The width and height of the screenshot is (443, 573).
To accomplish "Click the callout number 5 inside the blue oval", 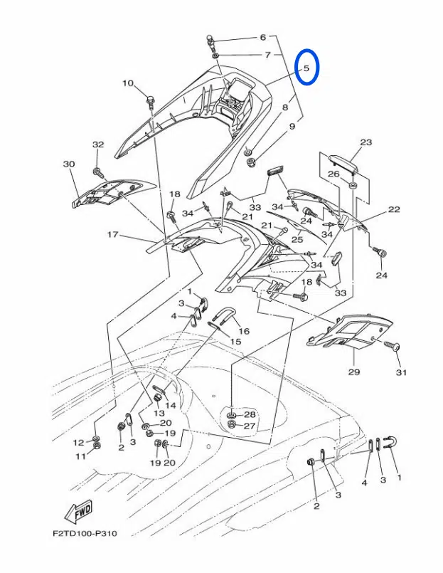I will [306, 69].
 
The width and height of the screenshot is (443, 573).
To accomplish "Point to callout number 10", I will [128, 83].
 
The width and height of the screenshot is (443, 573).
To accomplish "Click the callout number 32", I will [98, 144].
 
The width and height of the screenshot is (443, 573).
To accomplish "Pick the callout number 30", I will [69, 164].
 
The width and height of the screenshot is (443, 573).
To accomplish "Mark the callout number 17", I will [112, 234].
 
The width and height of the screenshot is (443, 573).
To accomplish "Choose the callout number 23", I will [365, 142].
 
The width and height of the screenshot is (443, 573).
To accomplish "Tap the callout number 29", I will [354, 372].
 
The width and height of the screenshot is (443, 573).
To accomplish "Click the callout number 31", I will [400, 372].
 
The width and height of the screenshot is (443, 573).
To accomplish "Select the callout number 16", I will [244, 331].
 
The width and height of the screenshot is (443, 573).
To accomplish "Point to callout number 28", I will [249, 414].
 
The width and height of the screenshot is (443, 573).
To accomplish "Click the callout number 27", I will [249, 426].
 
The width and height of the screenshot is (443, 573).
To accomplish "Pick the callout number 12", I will [78, 443].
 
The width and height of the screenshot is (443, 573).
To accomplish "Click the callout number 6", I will [262, 37].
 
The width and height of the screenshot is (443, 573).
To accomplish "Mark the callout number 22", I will [394, 209].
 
